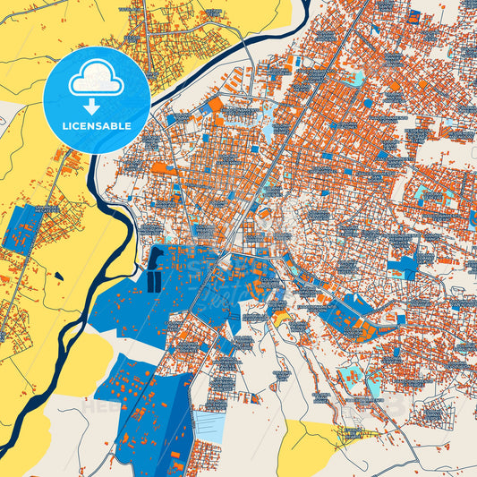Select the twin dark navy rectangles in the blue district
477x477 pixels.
[x=154, y=280]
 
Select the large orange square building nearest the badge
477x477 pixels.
[x=216, y=105]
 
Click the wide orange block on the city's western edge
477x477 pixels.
[x=159, y=166]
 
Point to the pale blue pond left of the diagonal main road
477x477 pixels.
[x=268, y=131]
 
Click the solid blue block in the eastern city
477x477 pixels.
[x=405, y=266]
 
